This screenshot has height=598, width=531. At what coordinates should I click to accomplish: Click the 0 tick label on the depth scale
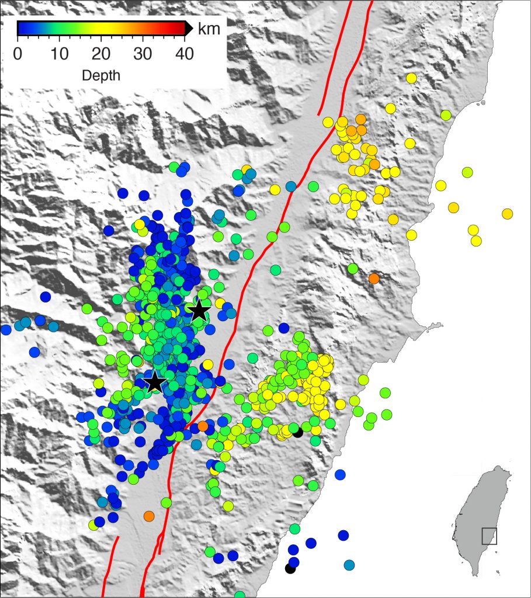pyautogui.click(x=18, y=54)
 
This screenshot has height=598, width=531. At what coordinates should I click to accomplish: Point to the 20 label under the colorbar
pyautogui.click(x=101, y=54)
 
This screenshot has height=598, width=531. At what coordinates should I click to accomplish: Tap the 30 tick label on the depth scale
pyautogui.click(x=143, y=54)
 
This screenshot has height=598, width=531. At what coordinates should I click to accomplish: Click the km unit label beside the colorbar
pyautogui.click(x=209, y=28)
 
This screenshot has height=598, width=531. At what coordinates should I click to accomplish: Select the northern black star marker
pyautogui.click(x=199, y=311)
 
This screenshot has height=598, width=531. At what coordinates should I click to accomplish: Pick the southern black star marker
pyautogui.click(x=154, y=383)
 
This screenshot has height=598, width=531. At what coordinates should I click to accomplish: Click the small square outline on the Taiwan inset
pyautogui.click(x=489, y=536)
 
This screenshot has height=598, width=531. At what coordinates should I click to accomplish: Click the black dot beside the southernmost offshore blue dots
pyautogui.click(x=290, y=568)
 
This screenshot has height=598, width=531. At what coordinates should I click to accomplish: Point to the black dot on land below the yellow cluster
pyautogui.click(x=297, y=432)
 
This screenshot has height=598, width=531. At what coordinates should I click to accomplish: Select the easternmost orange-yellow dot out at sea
pyautogui.click(x=507, y=214)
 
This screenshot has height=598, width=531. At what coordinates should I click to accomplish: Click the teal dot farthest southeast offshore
pyautogui.click(x=349, y=565)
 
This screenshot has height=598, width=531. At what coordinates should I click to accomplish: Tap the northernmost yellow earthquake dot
pyautogui.click(x=411, y=78)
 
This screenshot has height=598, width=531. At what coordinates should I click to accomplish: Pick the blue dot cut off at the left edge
pyautogui.click(x=6, y=330)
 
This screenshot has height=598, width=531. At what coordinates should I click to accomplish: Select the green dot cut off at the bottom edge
pyautogui.click(x=240, y=595)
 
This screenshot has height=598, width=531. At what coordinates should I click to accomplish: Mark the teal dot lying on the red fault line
pyautogui.click(x=291, y=186)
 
